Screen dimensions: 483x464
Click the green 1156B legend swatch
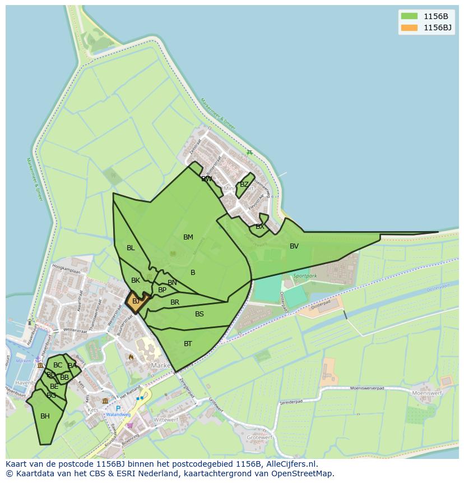point(409,16)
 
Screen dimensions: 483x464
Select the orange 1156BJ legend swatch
point(409,27)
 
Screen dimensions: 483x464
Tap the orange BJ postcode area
point(136,301)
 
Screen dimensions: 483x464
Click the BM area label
point(188,237)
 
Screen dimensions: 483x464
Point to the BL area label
point(131,248)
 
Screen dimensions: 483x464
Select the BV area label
point(294,246)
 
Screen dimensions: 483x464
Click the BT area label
point(188,344)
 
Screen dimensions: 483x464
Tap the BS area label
point(199,314)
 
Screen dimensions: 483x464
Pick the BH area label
point(45,416)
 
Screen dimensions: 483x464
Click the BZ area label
point(244,185)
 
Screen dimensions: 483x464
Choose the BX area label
point(259,227)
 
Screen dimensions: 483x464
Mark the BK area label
point(136,280)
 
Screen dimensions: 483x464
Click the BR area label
point(175,302)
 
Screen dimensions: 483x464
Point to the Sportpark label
point(305,276)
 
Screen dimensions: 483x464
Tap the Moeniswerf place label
point(427,394)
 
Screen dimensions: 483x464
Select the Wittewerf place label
point(165,420)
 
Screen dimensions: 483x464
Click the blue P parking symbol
point(118,408)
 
